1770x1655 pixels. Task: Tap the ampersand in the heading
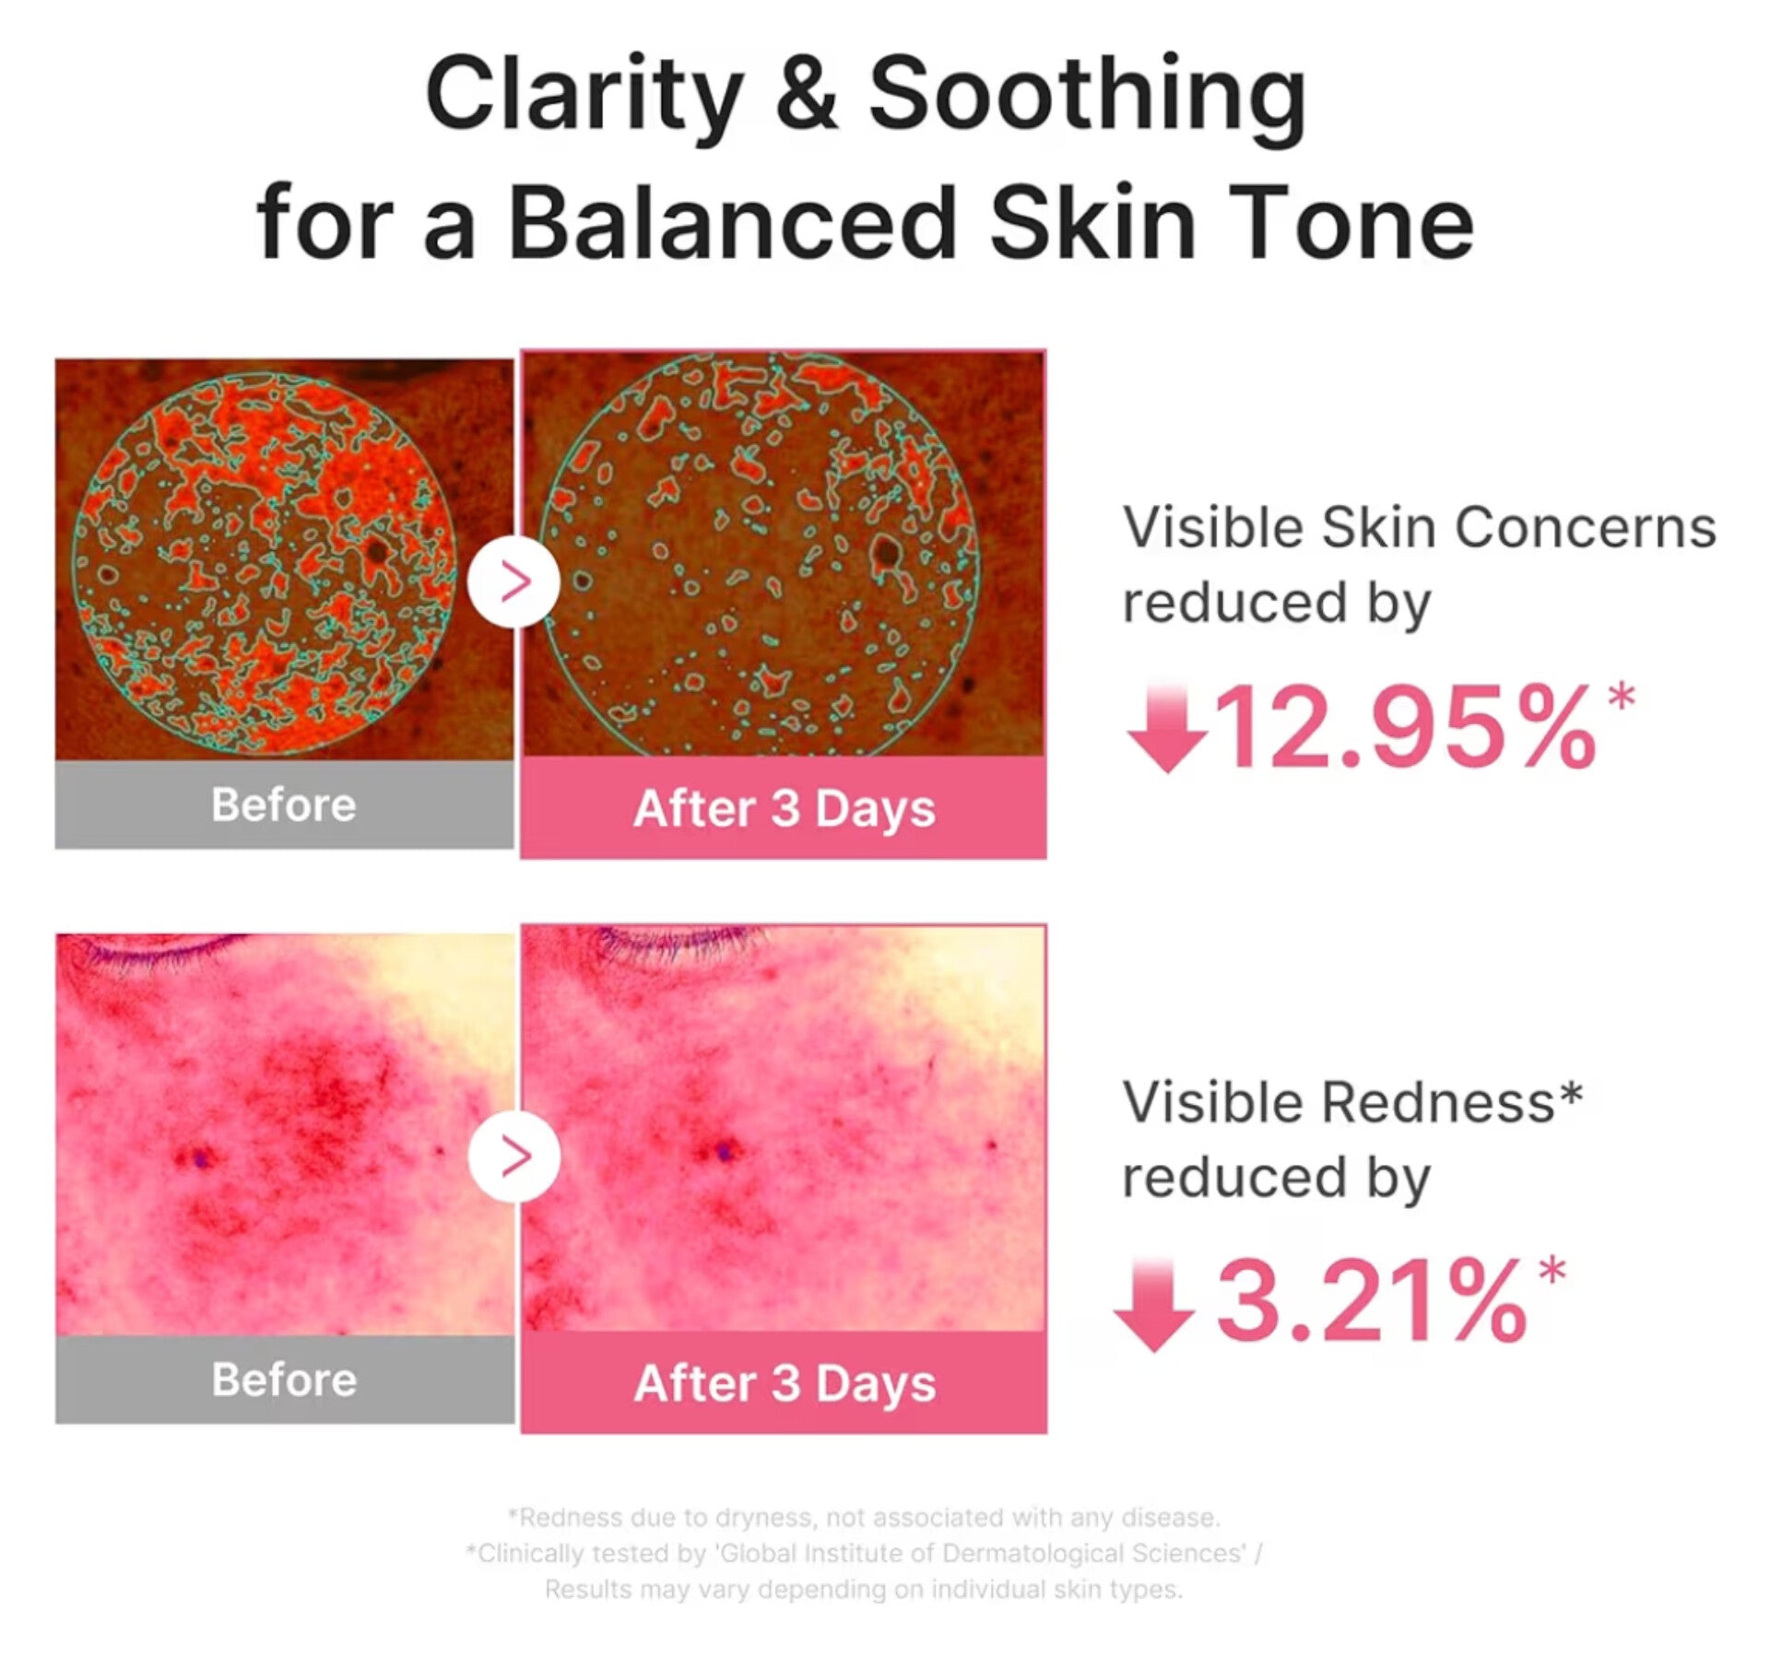pos(807,92)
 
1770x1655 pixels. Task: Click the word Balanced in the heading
pos(732,222)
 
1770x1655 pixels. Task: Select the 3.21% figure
pos(1370,1301)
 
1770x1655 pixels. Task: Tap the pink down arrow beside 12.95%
pos(1167,728)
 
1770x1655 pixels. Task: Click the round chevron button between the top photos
pos(513,581)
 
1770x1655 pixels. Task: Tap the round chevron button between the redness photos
pos(513,1156)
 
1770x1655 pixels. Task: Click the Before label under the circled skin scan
pos(284,804)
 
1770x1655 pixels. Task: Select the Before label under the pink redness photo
pos(284,1379)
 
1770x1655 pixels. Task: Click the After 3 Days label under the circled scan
pos(785,810)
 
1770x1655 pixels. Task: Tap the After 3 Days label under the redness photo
pos(785,1384)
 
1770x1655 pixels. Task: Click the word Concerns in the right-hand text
pos(1585,528)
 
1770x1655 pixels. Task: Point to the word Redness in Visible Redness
pos(1439,1102)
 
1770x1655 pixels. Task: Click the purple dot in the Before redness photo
pos(199,1157)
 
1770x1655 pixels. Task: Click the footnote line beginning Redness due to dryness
pos(864,1517)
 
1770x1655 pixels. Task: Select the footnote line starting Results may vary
pos(864,1590)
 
